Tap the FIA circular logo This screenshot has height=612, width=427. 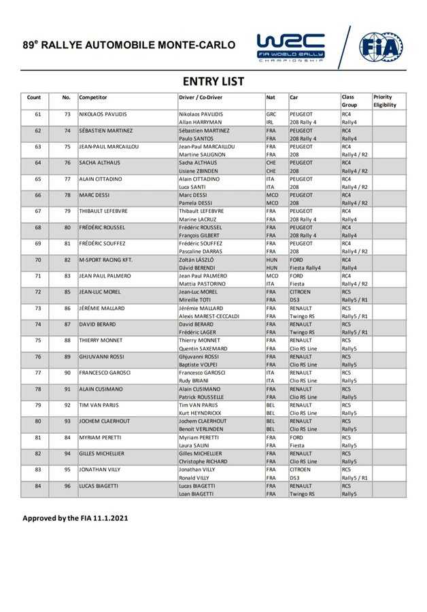pyautogui.click(x=380, y=46)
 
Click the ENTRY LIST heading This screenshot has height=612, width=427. pyautogui.click(x=213, y=82)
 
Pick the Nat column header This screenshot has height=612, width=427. pyautogui.click(x=271, y=97)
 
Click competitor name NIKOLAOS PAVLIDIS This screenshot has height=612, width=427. pyautogui.click(x=103, y=114)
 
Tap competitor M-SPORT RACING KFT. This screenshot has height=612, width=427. pyautogui.click(x=105, y=260)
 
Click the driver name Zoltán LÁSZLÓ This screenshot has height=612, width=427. pyautogui.click(x=197, y=260)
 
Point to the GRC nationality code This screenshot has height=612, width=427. pyautogui.click(x=271, y=114)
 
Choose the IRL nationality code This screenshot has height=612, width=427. pyautogui.click(x=271, y=122)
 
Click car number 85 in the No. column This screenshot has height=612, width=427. pyautogui.click(x=67, y=292)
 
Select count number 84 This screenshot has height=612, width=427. pyautogui.click(x=37, y=488)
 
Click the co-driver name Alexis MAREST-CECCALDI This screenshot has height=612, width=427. pyautogui.click(x=212, y=317)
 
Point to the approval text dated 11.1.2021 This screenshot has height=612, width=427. pyautogui.click(x=75, y=518)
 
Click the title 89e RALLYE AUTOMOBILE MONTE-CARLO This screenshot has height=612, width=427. pyautogui.click(x=129, y=46)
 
